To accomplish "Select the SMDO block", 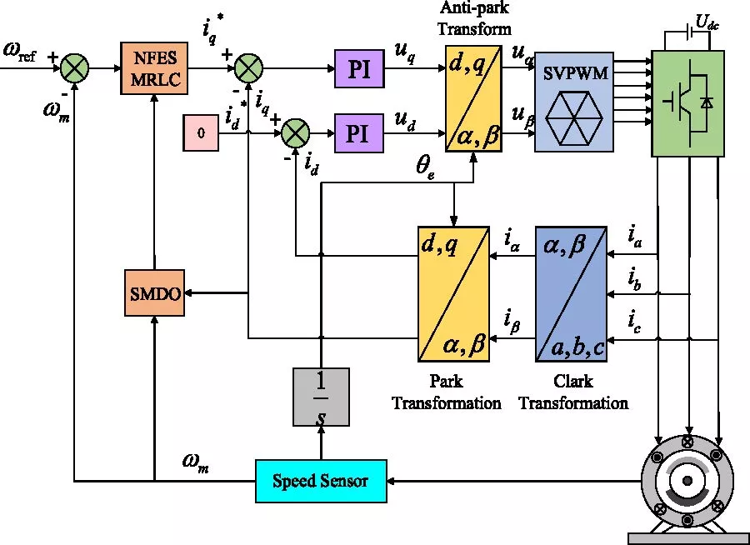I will (153, 292).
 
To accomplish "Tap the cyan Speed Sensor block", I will (321, 481).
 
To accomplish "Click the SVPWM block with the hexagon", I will (575, 101).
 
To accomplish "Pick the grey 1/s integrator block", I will (321, 397).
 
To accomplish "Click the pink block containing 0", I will (201, 133).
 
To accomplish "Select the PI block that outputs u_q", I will (359, 67).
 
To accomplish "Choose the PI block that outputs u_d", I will (359, 133).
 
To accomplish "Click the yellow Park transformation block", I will (452, 293).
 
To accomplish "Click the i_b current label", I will (635, 279).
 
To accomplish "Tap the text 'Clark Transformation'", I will (572, 392).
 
